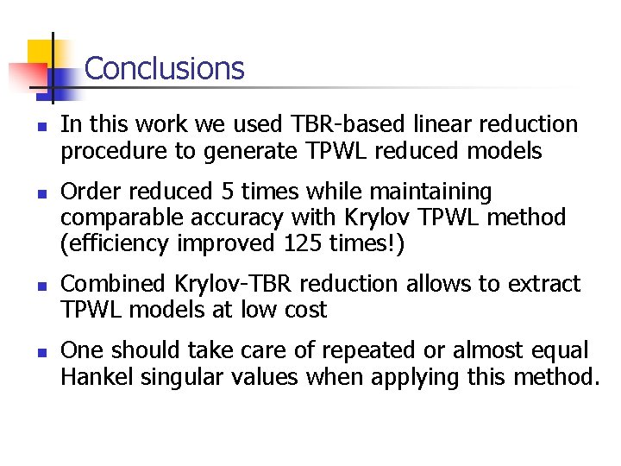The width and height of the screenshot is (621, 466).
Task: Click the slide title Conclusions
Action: coord(165,68)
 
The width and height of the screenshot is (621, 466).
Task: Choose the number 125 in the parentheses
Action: coord(302,244)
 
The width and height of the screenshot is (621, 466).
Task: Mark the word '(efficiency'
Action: coord(115,245)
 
